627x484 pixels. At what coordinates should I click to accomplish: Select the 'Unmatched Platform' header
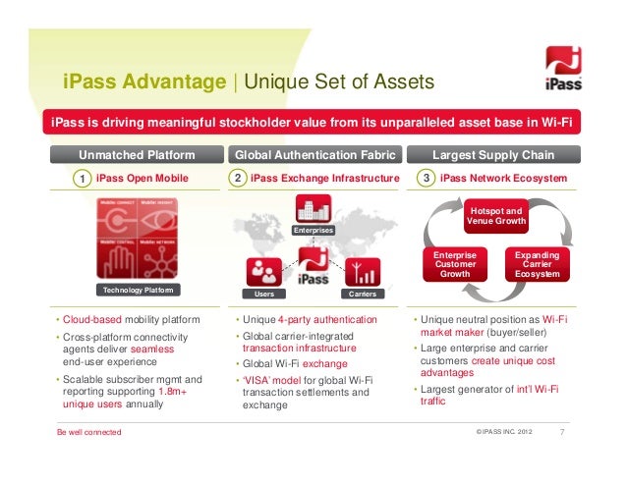[137, 155]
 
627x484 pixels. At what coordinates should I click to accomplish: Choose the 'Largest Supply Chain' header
[493, 155]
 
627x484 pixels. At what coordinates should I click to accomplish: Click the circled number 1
[85, 178]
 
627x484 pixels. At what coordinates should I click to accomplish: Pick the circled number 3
[424, 178]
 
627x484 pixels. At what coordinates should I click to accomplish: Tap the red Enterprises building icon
[313, 208]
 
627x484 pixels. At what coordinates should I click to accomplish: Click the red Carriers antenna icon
[362, 272]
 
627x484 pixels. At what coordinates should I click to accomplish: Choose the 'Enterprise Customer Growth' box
[455, 264]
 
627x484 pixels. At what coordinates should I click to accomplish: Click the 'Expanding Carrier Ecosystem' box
[538, 264]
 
